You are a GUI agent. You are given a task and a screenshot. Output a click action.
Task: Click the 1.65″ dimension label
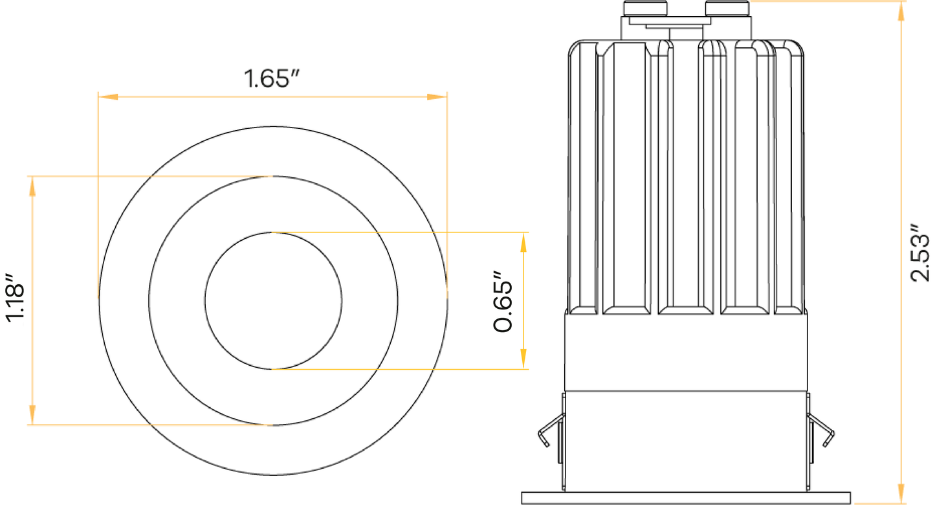click(x=272, y=78)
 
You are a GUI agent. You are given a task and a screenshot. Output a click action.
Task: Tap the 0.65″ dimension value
click(x=503, y=301)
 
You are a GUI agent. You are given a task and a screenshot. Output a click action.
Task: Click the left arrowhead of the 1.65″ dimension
click(x=108, y=97)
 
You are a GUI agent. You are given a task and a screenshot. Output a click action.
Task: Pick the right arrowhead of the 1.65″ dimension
click(x=437, y=97)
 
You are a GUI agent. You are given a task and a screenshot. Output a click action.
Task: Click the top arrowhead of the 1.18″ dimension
click(x=32, y=186)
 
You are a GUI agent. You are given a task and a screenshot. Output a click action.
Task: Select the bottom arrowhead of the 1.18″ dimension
click(x=32, y=415)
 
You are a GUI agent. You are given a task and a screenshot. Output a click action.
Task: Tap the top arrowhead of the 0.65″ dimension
click(x=523, y=242)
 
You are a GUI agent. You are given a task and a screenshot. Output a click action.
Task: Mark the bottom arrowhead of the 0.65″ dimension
click(x=523, y=359)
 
